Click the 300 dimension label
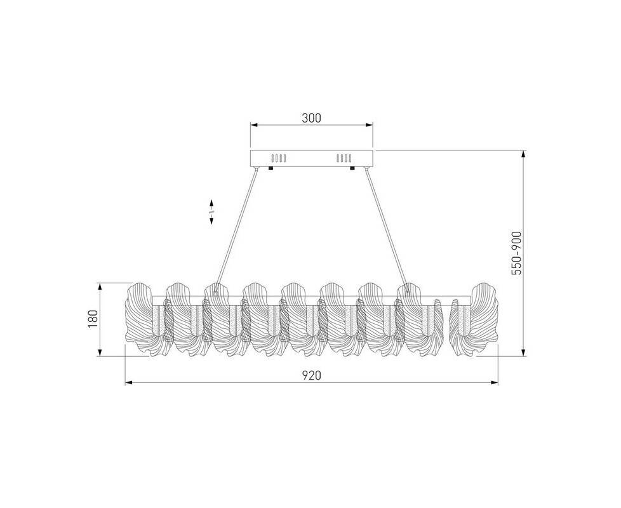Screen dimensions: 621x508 [x=311, y=118]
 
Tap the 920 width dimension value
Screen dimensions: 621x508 [x=312, y=375]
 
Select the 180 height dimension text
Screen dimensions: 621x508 [x=92, y=319]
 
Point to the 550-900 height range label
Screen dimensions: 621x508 [x=516, y=253]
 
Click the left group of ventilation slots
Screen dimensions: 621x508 [x=278, y=158]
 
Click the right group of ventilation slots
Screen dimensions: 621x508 [x=344, y=158]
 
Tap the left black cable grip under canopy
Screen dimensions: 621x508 [x=271, y=168]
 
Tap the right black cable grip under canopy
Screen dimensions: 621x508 [x=352, y=168]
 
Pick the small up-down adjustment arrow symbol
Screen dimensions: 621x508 [x=211, y=212]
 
